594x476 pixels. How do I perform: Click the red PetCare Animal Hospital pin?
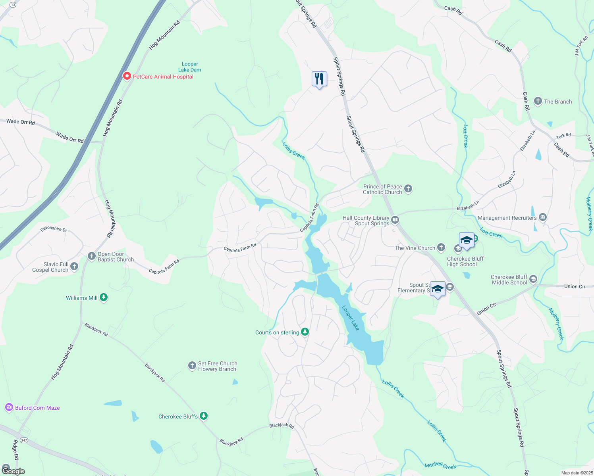pyautogui.click(x=127, y=76)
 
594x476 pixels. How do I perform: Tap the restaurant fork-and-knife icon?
pyautogui.click(x=319, y=79)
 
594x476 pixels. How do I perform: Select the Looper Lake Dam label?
pyautogui.click(x=190, y=67)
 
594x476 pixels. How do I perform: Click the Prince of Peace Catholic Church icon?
pyautogui.click(x=408, y=189)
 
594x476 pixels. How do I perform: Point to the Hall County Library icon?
pyautogui.click(x=395, y=220)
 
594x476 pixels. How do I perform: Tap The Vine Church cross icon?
pyautogui.click(x=441, y=248)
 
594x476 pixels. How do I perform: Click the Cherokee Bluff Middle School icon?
pyautogui.click(x=533, y=279)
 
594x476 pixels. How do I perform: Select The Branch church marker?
pyautogui.click(x=538, y=101)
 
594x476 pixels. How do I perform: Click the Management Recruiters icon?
pyautogui.click(x=543, y=217)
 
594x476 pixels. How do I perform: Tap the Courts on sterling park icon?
pyautogui.click(x=305, y=332)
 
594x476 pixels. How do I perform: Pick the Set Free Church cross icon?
pyautogui.click(x=192, y=365)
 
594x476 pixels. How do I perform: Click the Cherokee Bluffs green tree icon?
pyautogui.click(x=204, y=416)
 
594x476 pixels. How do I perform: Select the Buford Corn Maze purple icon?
pyautogui.click(x=9, y=407)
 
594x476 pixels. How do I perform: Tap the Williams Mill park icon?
pyautogui.click(x=104, y=297)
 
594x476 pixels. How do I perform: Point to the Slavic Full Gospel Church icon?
pyautogui.click(x=74, y=267)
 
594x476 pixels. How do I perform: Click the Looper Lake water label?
pyautogui.click(x=351, y=318)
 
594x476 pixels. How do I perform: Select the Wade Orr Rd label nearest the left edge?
pyautogui.click(x=21, y=122)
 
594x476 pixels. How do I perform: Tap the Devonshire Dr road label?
pyautogui.click(x=54, y=229)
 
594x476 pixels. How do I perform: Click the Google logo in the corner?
pyautogui.click(x=13, y=471)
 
